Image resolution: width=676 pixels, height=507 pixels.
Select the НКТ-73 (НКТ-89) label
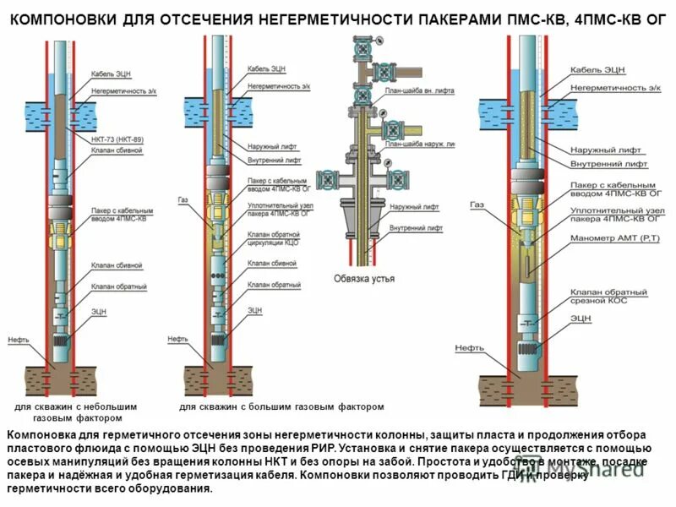(115, 138)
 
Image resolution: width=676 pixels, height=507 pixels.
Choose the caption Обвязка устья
(364, 278)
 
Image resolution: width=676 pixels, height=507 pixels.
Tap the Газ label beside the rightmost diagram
(477, 204)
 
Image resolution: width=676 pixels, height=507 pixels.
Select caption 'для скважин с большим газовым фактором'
(282, 406)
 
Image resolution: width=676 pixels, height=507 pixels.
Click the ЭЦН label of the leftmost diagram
(99, 311)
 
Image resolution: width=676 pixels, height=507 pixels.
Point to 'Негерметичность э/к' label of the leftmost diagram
(123, 90)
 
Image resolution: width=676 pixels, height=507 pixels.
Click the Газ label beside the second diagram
(183, 200)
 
